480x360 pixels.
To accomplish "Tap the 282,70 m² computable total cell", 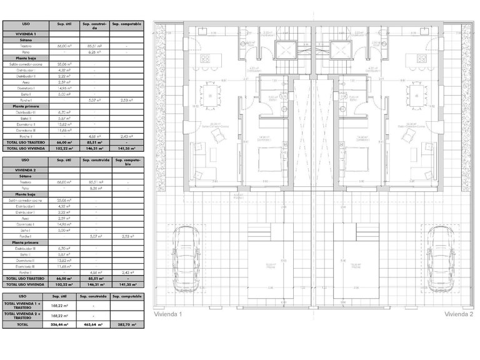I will pyautogui.click(x=126, y=325).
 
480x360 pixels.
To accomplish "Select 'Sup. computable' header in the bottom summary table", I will pyautogui.click(x=126, y=297).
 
